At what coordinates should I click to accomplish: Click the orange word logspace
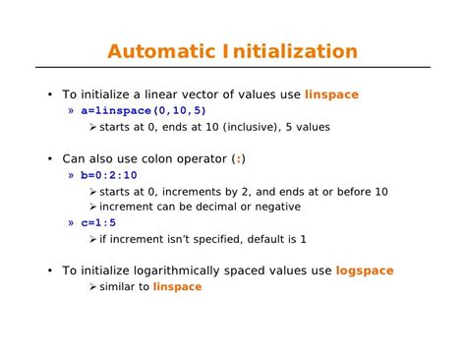pyautogui.click(x=365, y=270)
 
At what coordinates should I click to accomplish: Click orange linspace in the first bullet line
pyautogui.click(x=332, y=94)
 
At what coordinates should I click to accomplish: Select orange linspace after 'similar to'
pyautogui.click(x=177, y=286)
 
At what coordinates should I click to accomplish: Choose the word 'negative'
pyautogui.click(x=276, y=207)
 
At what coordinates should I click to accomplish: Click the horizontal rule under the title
pyautogui.click(x=233, y=68)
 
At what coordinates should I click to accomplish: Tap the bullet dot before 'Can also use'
pyautogui.click(x=49, y=158)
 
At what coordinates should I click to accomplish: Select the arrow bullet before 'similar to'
pyautogui.click(x=92, y=286)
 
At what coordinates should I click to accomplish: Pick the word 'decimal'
pyautogui.click(x=203, y=207)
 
